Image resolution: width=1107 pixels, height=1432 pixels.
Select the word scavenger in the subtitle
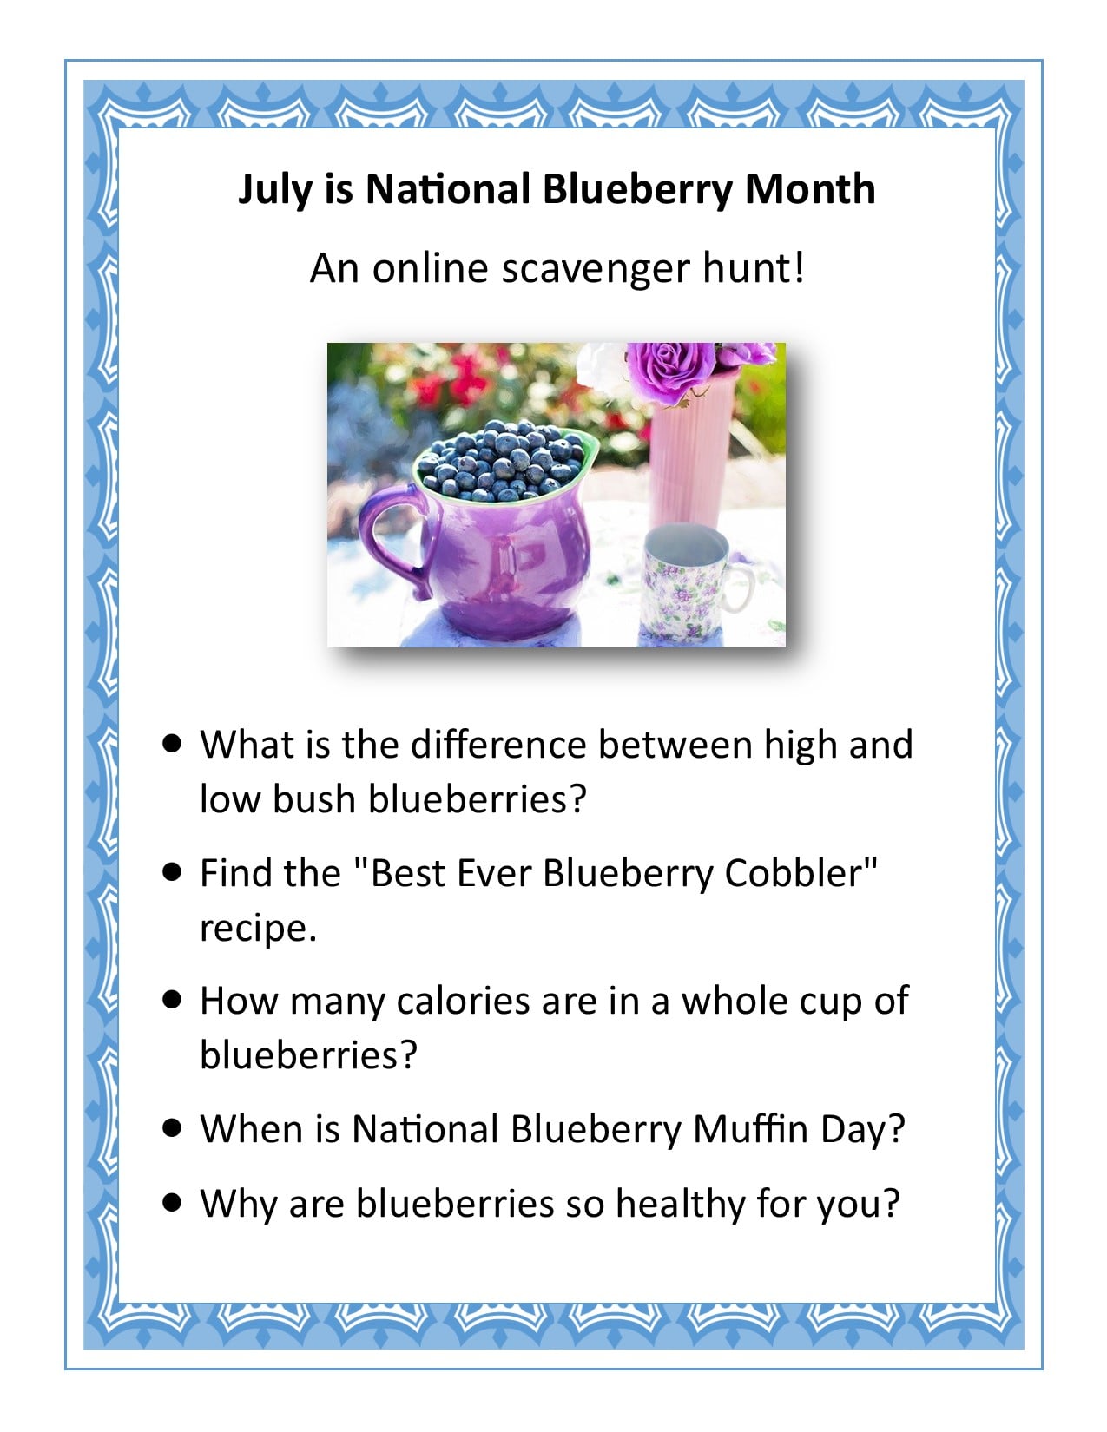click(x=596, y=270)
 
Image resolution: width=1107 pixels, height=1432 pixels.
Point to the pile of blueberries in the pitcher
click(x=501, y=461)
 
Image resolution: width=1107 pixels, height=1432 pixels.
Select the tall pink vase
click(x=690, y=455)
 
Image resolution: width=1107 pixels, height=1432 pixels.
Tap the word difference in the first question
click(x=498, y=745)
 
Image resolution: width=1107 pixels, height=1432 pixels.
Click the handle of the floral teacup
click(x=741, y=588)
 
